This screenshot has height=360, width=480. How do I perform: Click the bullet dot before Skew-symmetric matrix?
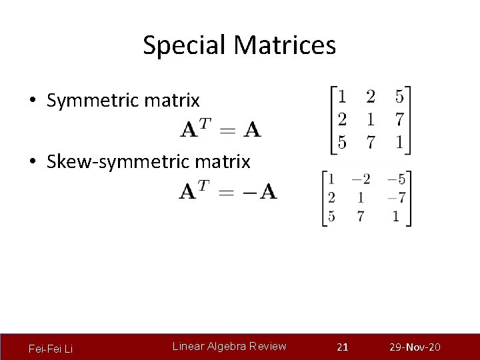point(33,162)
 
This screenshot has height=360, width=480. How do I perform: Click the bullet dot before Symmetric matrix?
point(33,101)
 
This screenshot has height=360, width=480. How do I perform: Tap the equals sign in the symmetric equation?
point(228,129)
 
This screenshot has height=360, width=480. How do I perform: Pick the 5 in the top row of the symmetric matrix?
point(399,97)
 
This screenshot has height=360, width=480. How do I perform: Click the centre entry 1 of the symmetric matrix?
point(370,120)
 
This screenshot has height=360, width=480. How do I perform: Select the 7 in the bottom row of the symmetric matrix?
point(370,143)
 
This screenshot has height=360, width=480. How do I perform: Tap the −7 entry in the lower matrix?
point(397,198)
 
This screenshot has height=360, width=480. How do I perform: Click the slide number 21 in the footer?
point(343,347)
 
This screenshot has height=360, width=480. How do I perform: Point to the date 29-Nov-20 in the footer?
point(415,347)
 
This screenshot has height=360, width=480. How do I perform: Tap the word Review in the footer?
point(268,346)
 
